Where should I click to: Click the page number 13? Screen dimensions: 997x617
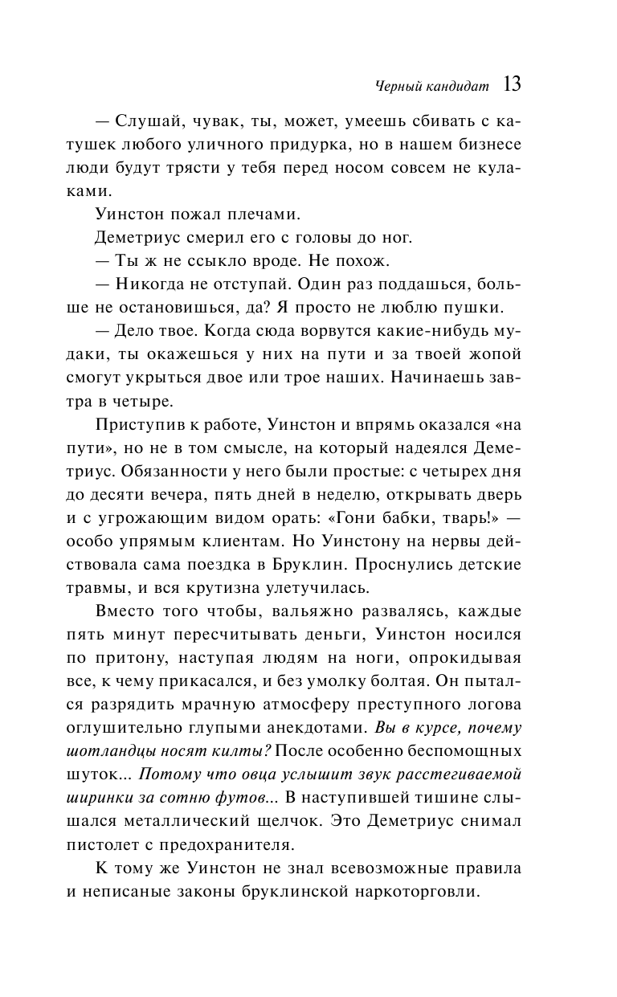pos(512,84)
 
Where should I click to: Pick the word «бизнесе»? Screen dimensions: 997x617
pos(489,146)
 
